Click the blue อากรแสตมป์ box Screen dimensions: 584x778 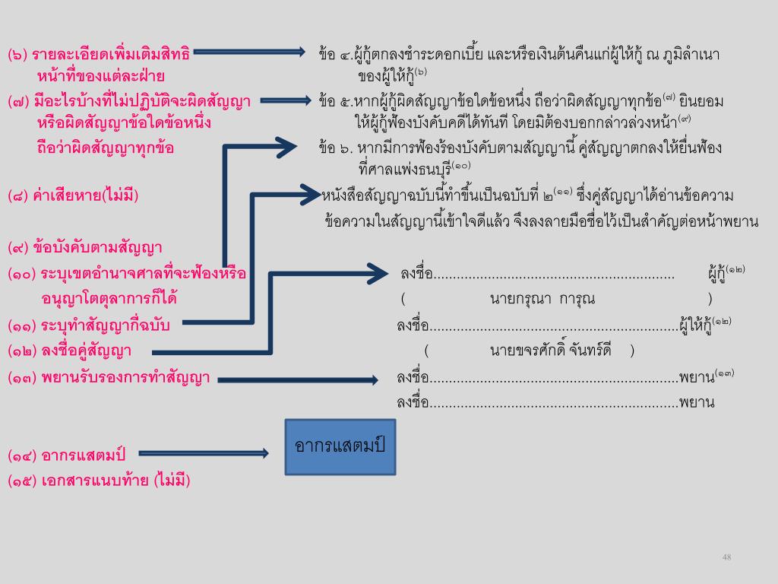click(340, 446)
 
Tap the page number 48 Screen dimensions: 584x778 click(726, 557)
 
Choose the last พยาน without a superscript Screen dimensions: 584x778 click(697, 402)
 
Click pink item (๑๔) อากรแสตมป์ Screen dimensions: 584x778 click(67, 455)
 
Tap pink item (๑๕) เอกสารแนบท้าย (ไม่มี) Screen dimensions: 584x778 click(99, 481)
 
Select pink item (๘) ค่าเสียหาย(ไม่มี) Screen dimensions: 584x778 click(73, 196)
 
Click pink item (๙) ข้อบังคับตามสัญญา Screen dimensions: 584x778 click(85, 247)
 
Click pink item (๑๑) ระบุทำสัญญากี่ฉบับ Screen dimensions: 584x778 click(89, 325)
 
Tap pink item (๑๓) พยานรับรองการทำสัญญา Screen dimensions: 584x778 click(109, 377)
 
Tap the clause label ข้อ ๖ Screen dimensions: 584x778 click(334, 148)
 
